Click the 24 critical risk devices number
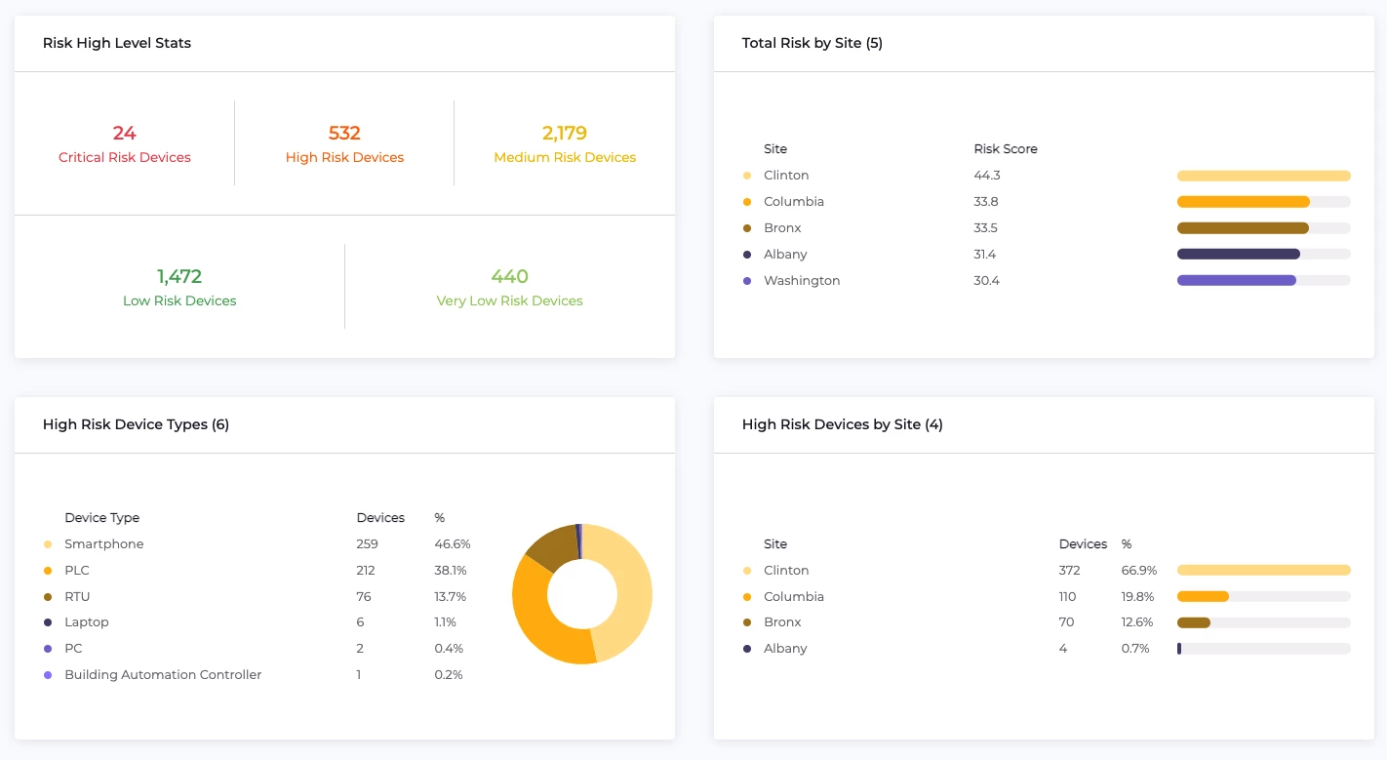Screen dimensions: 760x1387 [x=124, y=133]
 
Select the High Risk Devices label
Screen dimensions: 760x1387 [x=344, y=157]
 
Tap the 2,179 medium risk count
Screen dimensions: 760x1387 [x=564, y=133]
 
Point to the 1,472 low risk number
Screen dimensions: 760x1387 [x=179, y=276]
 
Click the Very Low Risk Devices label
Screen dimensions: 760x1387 [x=509, y=300]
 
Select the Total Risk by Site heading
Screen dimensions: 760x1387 [x=812, y=43]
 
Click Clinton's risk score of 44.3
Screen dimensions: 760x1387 [x=986, y=176]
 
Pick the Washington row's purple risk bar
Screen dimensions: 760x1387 [x=1236, y=280]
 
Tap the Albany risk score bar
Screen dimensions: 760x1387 [x=1238, y=254]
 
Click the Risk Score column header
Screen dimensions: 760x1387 [x=1005, y=149]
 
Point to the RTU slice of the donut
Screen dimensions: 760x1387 [x=550, y=546]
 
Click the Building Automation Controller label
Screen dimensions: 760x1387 [x=163, y=674]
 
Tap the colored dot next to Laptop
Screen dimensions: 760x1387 [x=48, y=622]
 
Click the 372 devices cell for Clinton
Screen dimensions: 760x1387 [x=1070, y=570]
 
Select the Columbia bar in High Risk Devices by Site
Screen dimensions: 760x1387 [x=1203, y=596]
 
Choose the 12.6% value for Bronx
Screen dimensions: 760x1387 [x=1137, y=621]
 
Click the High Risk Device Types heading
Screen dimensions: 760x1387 [x=136, y=424]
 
